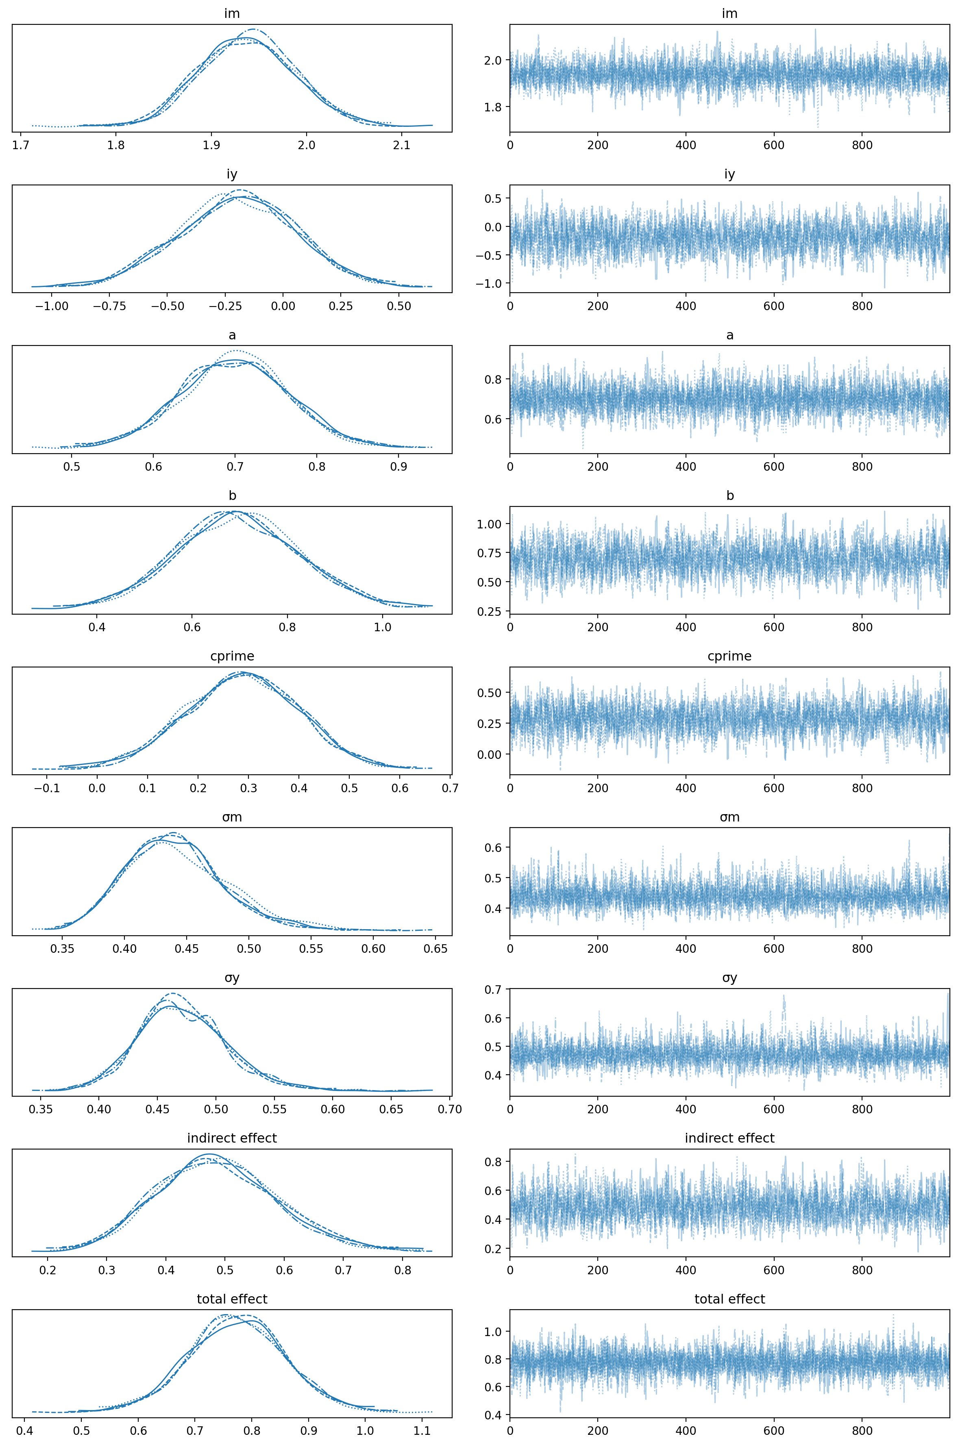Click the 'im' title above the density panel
pos(231,13)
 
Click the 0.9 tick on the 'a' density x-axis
pos(398,467)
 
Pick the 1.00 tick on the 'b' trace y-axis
pos(492,524)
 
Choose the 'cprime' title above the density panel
pos(231,656)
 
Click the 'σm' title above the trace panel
pos(729,817)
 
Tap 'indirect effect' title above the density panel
pos(231,1139)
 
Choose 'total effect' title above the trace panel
pos(729,1299)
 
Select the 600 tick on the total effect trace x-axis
pos(774,1431)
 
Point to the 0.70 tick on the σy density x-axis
pos(450,1109)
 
